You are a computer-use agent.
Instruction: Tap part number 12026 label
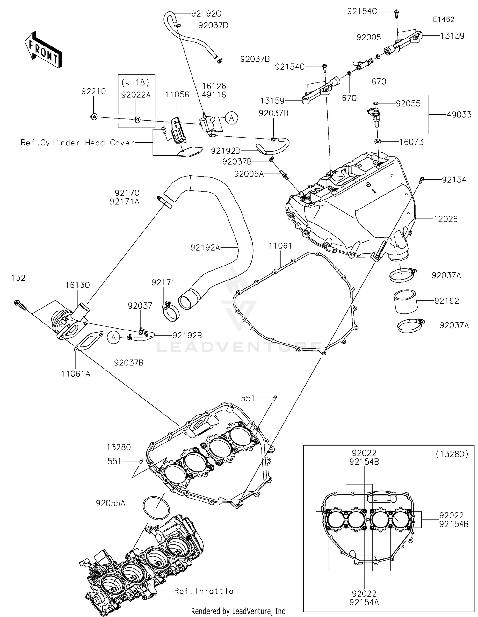pos(445,219)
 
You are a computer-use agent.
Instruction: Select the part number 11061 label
pos(280,246)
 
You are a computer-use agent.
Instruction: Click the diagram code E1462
pos(443,19)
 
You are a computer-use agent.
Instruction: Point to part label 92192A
pos(205,247)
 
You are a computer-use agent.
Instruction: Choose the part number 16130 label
pos(78,285)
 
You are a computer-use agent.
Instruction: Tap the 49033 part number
pos(459,115)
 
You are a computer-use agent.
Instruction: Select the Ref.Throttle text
pos(204,591)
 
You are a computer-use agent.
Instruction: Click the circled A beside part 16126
pos(232,118)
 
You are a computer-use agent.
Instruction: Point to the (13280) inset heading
pos(452,454)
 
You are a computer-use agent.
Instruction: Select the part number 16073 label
pos(412,142)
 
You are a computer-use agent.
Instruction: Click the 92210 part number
pos(93,91)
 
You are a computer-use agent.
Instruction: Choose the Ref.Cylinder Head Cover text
pos(78,143)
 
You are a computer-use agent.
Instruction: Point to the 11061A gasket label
pos(76,373)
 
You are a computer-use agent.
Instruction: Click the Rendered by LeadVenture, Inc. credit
pos(239,611)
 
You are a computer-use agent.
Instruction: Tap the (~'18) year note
pos(136,83)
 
